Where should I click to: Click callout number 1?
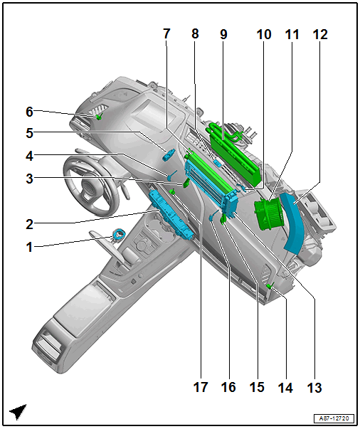click(x=29, y=247)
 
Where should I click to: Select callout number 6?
click(x=29, y=112)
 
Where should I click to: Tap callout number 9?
click(x=223, y=34)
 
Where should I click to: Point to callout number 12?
click(x=320, y=34)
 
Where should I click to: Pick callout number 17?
click(x=201, y=387)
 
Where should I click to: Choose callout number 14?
click(x=285, y=388)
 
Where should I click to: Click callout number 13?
click(x=314, y=388)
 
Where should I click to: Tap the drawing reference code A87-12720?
click(x=334, y=418)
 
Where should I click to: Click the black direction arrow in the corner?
click(x=18, y=411)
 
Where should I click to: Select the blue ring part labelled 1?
click(x=120, y=235)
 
